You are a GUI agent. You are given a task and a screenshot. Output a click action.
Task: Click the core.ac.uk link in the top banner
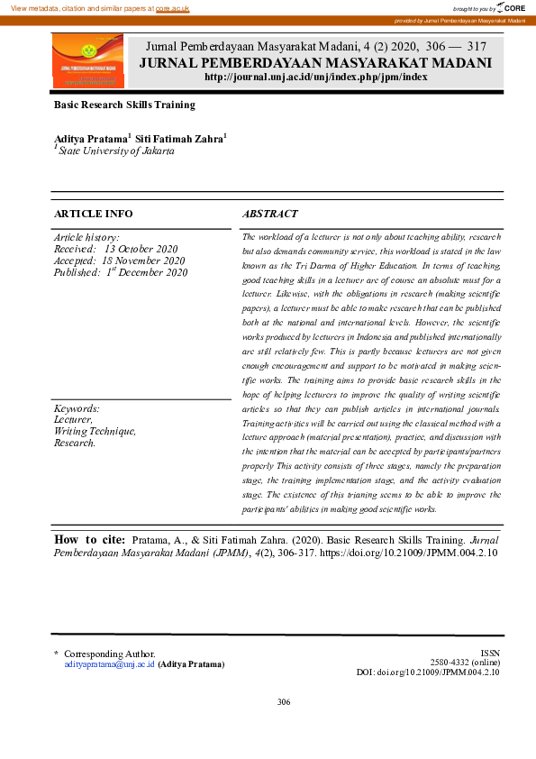pyautogui.click(x=172, y=7)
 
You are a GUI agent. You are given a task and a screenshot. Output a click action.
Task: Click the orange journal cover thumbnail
pyautogui.click(x=87, y=61)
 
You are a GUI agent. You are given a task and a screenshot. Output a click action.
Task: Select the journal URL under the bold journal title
pyautogui.click(x=315, y=78)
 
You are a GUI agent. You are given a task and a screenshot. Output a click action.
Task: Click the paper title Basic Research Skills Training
pyautogui.click(x=124, y=105)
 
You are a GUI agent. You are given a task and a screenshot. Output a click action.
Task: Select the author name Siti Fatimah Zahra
pyautogui.click(x=180, y=139)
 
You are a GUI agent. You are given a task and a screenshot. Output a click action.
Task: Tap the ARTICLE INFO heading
pyautogui.click(x=94, y=214)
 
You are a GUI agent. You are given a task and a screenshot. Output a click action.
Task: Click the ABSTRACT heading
pyautogui.click(x=270, y=214)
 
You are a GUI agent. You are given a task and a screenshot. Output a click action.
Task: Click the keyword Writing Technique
pyautogui.click(x=95, y=432)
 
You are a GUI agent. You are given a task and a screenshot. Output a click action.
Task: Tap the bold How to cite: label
pyautogui.click(x=89, y=539)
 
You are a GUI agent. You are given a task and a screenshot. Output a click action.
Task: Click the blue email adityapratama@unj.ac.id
pyautogui.click(x=109, y=663)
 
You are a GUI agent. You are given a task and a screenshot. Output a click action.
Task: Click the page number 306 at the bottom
pyautogui.click(x=284, y=702)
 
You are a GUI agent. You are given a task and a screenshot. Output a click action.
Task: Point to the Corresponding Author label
pyautogui.click(x=109, y=654)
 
